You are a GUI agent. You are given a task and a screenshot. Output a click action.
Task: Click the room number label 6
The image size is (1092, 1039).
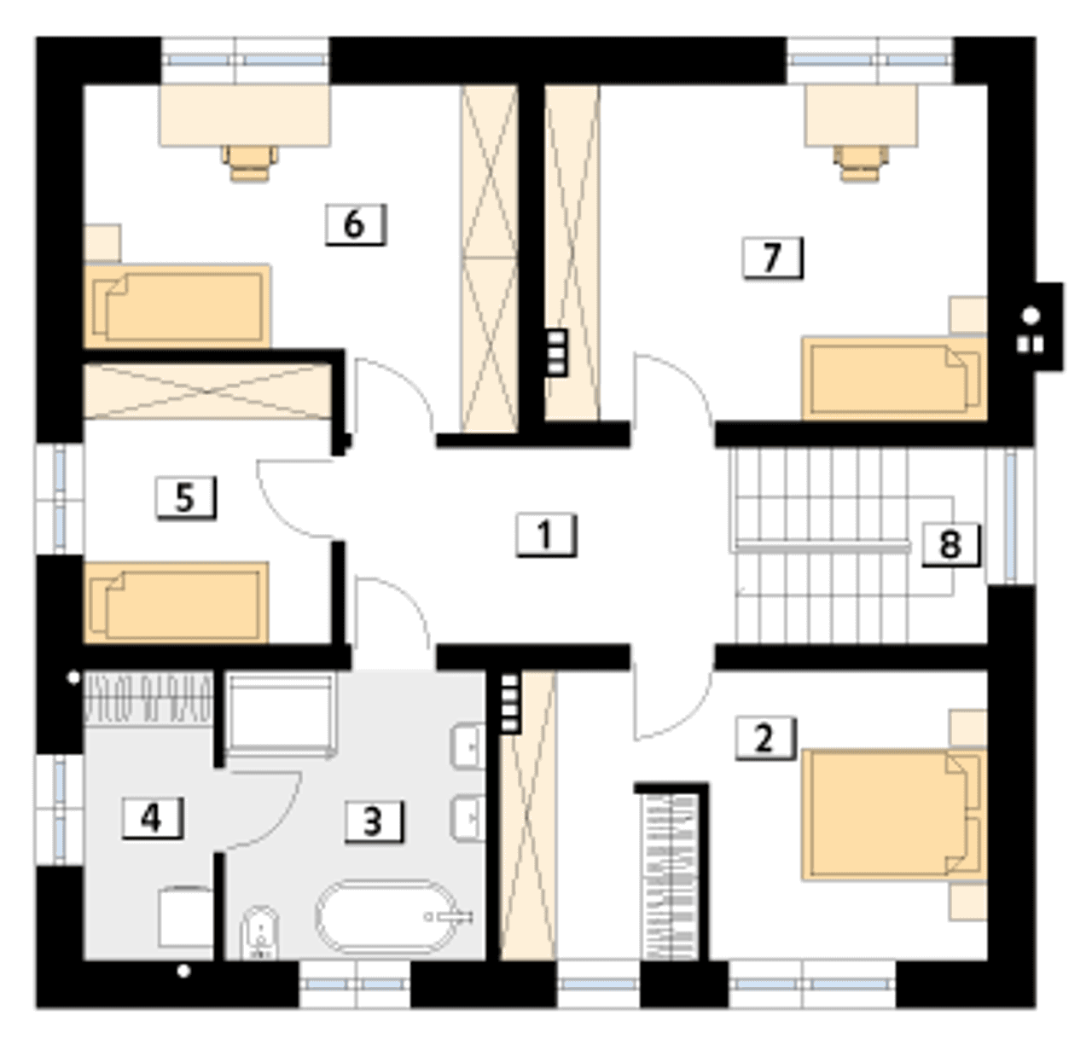click(356, 224)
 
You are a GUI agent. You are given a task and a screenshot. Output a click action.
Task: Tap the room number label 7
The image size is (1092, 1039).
click(773, 258)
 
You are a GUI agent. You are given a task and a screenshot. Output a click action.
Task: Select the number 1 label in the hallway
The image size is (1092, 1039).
click(546, 535)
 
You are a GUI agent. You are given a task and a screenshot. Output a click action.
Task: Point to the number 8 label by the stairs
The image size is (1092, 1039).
click(951, 544)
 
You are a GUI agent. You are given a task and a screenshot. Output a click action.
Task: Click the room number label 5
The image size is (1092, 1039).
click(186, 498)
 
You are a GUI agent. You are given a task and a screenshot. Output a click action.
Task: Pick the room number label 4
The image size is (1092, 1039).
click(152, 817)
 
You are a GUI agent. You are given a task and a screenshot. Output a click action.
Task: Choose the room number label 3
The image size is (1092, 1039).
click(374, 821)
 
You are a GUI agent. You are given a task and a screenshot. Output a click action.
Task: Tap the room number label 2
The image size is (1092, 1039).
click(765, 739)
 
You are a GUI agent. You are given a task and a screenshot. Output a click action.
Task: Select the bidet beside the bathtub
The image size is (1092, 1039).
click(258, 933)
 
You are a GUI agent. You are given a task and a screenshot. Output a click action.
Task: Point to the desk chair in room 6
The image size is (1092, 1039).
click(250, 162)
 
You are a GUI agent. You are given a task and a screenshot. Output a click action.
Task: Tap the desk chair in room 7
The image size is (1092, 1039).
click(861, 164)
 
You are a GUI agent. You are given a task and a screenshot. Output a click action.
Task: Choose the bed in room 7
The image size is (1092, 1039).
click(894, 379)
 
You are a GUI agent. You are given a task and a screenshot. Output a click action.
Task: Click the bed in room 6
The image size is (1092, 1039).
click(177, 306)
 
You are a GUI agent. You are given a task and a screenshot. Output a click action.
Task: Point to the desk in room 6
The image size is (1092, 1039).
click(245, 115)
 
